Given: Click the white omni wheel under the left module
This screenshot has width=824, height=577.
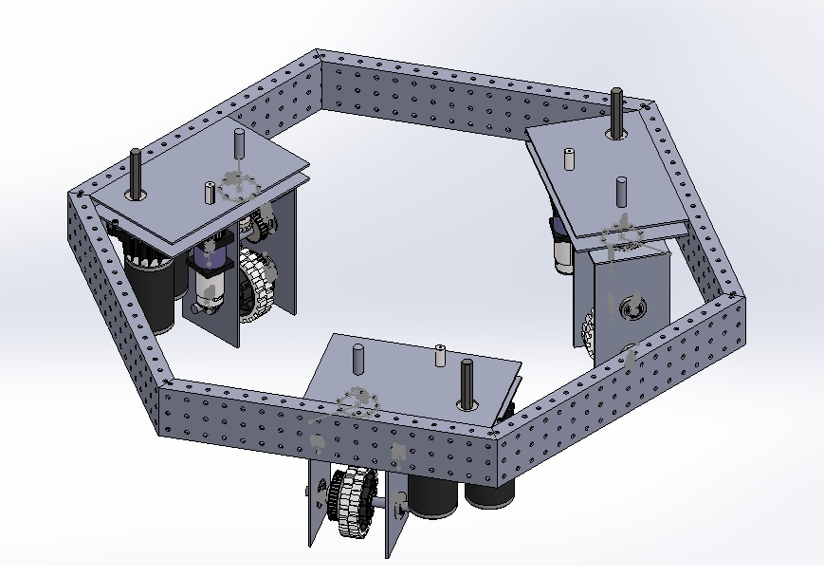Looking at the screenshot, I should point(254,285).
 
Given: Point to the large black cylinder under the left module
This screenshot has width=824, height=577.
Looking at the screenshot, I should point(152,294).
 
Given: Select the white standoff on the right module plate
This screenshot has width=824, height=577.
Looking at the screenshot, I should point(569,158).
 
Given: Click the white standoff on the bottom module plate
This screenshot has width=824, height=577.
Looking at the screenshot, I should point(441,357).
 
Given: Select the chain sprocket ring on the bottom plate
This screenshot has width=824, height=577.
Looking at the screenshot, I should point(356,403).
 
